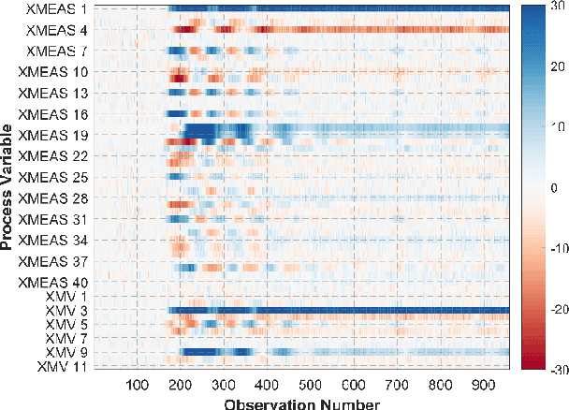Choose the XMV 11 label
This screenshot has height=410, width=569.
click(x=66, y=366)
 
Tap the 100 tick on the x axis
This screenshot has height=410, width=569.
click(x=137, y=387)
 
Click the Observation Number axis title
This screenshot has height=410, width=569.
click(x=302, y=403)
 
